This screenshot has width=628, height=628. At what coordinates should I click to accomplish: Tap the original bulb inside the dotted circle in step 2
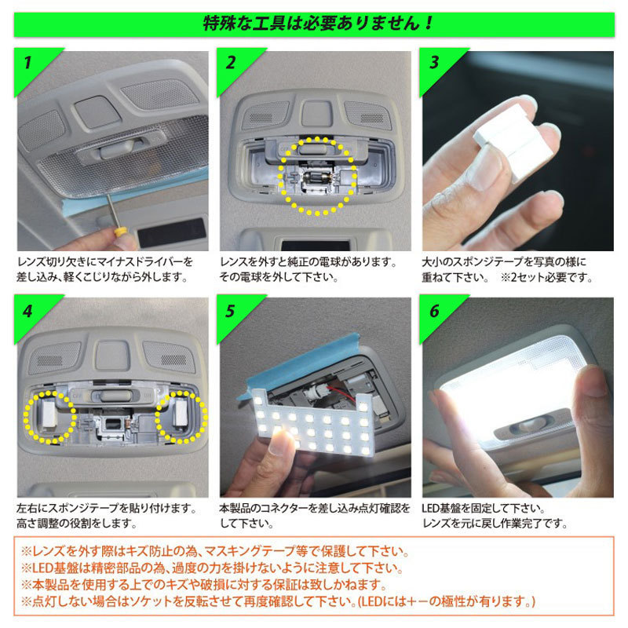pyautogui.click(x=317, y=178)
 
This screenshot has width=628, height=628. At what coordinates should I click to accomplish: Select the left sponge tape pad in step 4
pyautogui.click(x=48, y=414)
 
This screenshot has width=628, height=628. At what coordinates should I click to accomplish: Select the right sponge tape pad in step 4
pyautogui.click(x=181, y=413)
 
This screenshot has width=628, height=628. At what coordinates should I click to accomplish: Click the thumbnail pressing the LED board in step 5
pyautogui.click(x=280, y=442)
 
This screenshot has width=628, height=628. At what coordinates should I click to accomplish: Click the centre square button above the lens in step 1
pyautogui.click(x=97, y=111)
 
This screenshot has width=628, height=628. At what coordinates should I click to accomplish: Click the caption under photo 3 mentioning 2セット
pyautogui.click(x=506, y=277)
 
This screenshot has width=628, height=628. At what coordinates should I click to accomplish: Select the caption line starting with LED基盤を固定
pyautogui.click(x=484, y=508)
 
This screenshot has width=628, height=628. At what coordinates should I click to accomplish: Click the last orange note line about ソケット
pyautogui.click(x=278, y=601)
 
